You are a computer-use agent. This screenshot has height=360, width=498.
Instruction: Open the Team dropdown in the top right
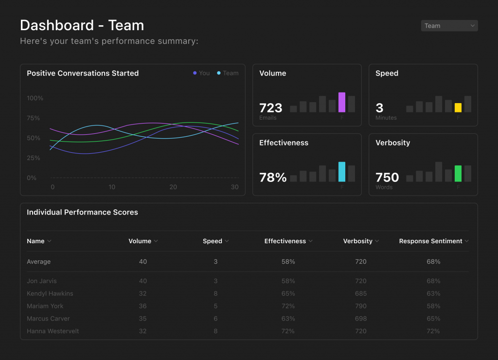(x=449, y=26)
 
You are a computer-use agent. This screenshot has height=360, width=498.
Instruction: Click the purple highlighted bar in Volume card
(x=342, y=103)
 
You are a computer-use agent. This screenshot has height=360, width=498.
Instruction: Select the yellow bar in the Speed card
(x=458, y=108)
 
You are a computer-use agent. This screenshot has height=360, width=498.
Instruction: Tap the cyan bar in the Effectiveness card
(x=342, y=172)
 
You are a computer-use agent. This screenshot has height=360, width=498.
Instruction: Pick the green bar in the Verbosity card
(x=458, y=174)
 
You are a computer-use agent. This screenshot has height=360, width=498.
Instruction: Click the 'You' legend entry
(x=201, y=73)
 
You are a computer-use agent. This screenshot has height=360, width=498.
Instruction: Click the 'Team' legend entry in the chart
(x=228, y=73)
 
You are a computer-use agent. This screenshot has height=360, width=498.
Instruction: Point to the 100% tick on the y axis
(x=35, y=98)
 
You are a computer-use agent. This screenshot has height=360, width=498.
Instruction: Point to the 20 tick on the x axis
(x=173, y=187)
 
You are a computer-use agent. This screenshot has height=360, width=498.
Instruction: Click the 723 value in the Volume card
(x=270, y=108)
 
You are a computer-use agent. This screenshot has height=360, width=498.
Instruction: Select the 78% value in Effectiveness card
(x=273, y=178)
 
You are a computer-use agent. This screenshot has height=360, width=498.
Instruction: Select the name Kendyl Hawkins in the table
(x=50, y=293)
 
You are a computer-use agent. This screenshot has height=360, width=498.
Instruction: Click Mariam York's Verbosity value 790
(x=361, y=306)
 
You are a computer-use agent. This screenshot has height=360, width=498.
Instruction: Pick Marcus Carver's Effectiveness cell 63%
(x=288, y=319)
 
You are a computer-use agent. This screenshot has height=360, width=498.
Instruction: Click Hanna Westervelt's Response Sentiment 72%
(x=433, y=331)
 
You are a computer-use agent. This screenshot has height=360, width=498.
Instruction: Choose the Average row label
(x=39, y=262)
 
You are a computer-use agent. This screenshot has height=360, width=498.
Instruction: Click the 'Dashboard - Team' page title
(x=82, y=25)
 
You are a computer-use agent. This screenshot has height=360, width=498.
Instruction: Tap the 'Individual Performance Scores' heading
(x=82, y=212)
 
